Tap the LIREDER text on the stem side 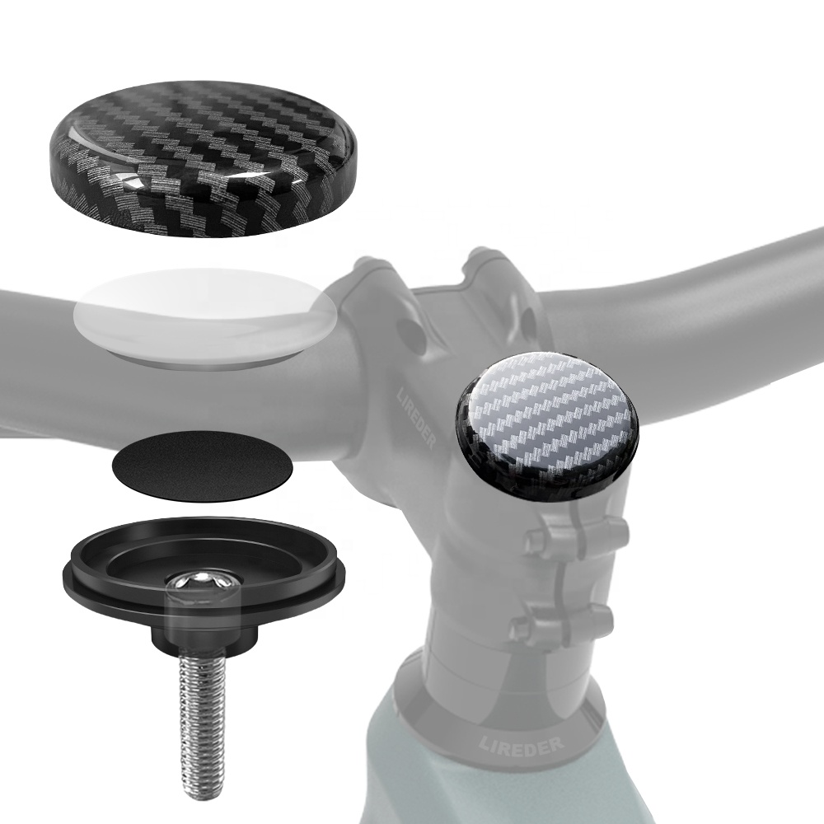[416, 419]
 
